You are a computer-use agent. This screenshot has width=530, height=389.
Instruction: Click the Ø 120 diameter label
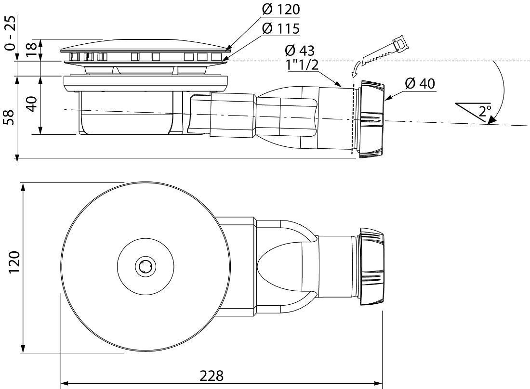tap(281, 10)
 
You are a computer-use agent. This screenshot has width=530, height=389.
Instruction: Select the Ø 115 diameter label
tap(281, 29)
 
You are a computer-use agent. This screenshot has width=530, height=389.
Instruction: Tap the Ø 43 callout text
tap(300, 51)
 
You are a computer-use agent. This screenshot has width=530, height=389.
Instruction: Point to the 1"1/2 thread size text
tap(303, 65)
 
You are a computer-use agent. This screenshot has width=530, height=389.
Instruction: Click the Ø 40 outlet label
tap(420, 83)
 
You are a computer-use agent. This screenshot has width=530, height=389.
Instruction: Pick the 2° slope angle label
tap(485, 111)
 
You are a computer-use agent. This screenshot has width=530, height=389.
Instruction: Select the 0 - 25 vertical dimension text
tap(11, 33)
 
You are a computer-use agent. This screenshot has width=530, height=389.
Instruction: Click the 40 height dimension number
tap(32, 104)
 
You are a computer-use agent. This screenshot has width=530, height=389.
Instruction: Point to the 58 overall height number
tap(10, 117)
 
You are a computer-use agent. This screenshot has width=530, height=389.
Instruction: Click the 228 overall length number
tap(212, 376)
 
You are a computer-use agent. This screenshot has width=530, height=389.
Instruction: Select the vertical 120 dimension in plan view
tap(14, 262)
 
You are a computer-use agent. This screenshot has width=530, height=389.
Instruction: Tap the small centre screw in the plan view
tap(146, 267)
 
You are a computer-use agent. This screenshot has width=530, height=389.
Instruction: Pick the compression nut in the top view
tap(371, 267)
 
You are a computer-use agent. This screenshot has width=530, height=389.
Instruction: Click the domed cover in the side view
tap(146, 46)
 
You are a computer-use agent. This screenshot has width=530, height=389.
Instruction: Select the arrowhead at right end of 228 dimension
tap(378, 384)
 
